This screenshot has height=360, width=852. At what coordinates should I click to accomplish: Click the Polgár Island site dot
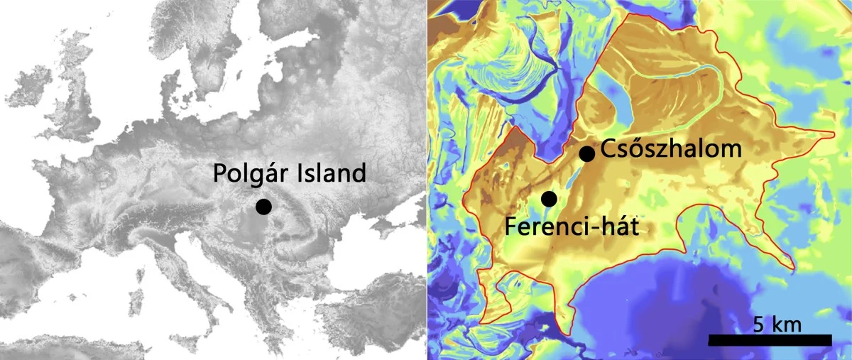pyautogui.click(x=263, y=207)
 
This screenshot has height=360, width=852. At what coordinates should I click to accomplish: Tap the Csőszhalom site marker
pyautogui.click(x=586, y=153)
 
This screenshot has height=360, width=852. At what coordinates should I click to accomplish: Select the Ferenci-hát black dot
pyautogui.click(x=549, y=199)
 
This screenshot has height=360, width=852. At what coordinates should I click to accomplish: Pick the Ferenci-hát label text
pyautogui.click(x=577, y=226)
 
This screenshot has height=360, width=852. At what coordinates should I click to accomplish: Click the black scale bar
pyautogui.click(x=770, y=341)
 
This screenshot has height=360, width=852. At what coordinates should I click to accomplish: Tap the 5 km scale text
pyautogui.click(x=777, y=324)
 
